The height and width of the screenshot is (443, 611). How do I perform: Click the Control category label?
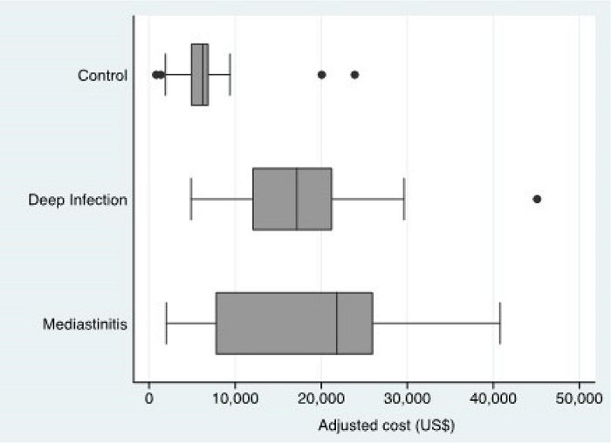pyautogui.click(x=103, y=75)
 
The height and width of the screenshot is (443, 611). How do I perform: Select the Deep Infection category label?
pyautogui.click(x=78, y=200)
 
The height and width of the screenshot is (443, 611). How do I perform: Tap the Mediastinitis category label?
pyautogui.click(x=86, y=324)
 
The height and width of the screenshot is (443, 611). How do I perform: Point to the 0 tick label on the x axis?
pyautogui.click(x=149, y=400)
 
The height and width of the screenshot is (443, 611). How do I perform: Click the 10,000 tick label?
pyautogui.click(x=235, y=400)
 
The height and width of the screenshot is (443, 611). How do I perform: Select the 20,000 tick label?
pyautogui.click(x=321, y=400)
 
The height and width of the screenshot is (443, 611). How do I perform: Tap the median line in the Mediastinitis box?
pyautogui.click(x=337, y=324)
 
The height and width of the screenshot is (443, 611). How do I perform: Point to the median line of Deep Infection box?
pyautogui.click(x=297, y=199)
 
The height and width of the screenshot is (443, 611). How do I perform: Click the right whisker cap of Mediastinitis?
pyautogui.click(x=499, y=324)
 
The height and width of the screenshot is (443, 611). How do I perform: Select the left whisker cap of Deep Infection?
pyautogui.click(x=191, y=199)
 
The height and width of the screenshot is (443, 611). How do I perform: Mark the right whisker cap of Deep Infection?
pyautogui.click(x=404, y=199)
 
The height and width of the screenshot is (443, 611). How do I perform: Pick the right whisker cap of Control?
pyautogui.click(x=230, y=74)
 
